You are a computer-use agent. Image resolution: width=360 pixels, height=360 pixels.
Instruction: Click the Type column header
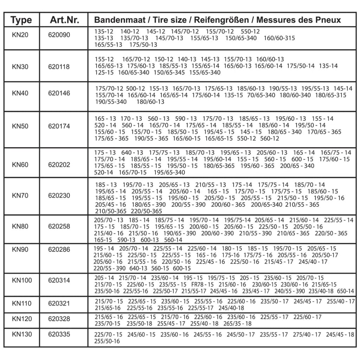[x=21, y=20]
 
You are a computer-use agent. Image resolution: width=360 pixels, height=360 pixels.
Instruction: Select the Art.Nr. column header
[x=64, y=20]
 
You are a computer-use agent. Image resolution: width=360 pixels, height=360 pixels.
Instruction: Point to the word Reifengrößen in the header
[x=224, y=20]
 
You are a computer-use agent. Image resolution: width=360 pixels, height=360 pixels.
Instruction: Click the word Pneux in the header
[x=328, y=20]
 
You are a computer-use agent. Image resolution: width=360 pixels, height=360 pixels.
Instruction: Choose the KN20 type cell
[x=20, y=35]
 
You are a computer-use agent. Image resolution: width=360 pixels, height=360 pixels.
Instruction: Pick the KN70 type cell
[x=20, y=195]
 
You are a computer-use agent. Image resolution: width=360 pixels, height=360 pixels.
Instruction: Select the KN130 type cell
[x=21, y=334]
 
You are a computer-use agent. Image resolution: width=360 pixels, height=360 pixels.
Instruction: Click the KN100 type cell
[x=21, y=280]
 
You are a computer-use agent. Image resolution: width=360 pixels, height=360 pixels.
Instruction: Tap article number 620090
[x=59, y=35]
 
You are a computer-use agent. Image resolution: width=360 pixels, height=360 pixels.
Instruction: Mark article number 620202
[x=59, y=165]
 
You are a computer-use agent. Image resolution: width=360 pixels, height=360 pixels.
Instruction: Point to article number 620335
[x=59, y=334]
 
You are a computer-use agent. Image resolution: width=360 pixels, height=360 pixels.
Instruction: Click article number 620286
[x=59, y=250]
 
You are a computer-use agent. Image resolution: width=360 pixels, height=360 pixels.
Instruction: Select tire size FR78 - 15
[x=202, y=284]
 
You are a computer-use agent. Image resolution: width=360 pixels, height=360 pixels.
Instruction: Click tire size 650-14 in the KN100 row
[x=345, y=291]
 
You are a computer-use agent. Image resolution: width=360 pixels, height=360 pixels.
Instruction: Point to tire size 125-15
[x=104, y=72]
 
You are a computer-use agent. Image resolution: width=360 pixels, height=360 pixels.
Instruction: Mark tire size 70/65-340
[x=261, y=95]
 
